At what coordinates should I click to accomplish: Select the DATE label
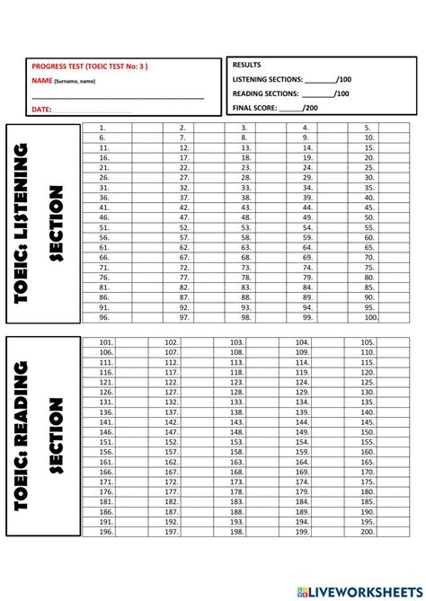point(41,109)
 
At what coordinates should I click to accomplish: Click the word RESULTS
point(247,66)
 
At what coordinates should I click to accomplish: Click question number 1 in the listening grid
point(104,128)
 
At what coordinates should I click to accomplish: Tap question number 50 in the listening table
point(368,217)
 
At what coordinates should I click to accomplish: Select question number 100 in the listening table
point(370,317)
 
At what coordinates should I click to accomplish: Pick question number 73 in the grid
point(244,267)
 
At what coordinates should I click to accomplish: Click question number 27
point(184,177)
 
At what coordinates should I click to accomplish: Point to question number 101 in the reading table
point(106,342)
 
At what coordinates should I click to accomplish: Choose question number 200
point(368,532)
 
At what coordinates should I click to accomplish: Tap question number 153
point(236,442)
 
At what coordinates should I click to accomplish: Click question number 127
point(171,392)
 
